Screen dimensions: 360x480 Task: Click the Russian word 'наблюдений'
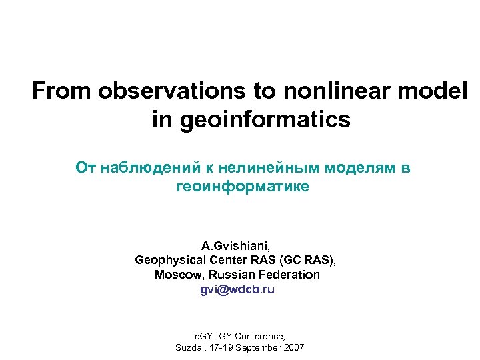151,168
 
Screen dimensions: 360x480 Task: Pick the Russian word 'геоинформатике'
242,187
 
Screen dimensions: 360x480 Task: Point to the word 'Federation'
291,275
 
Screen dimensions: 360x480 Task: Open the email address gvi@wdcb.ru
237,290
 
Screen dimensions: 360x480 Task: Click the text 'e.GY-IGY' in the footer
213,336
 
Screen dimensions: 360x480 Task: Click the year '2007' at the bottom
292,348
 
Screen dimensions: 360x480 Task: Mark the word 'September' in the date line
256,348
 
